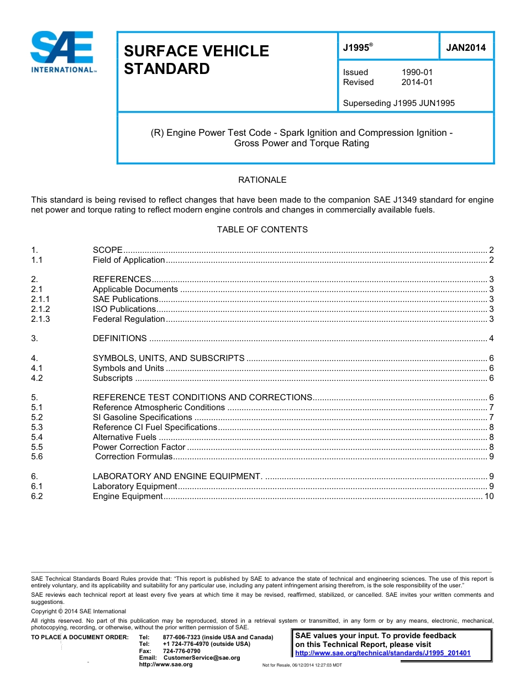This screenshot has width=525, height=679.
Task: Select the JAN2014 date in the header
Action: click(466, 47)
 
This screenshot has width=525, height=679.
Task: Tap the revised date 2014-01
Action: click(417, 82)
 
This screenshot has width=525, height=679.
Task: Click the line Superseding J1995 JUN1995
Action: click(398, 103)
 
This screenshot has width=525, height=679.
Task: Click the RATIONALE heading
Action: click(262, 180)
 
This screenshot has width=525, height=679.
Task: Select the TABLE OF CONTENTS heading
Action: click(262, 229)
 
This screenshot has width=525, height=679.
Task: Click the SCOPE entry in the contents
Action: click(108, 250)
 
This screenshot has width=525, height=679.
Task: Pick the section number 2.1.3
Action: click(40, 319)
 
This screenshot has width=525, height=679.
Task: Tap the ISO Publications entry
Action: click(124, 309)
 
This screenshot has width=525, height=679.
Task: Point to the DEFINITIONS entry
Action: click(120, 338)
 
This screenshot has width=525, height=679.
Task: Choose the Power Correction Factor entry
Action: click(139, 447)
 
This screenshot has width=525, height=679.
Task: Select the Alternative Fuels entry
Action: click(124, 437)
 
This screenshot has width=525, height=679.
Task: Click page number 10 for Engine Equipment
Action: click(489, 496)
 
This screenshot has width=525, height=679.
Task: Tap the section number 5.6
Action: click(36, 457)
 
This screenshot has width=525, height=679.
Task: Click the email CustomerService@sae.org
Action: click(202, 657)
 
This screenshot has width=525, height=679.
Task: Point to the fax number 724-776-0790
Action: click(182, 651)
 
